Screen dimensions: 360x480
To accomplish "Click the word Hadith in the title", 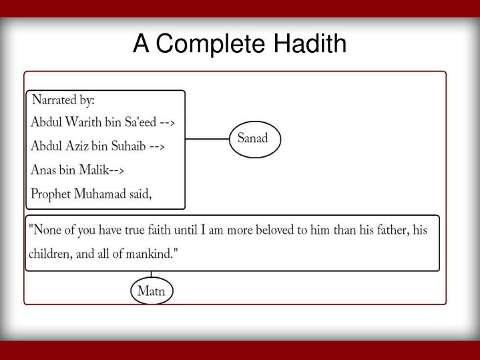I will [310, 44].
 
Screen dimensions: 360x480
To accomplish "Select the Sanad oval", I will [255, 139].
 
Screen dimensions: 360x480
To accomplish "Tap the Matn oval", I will [151, 291].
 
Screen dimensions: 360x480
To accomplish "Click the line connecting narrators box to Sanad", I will [207, 139].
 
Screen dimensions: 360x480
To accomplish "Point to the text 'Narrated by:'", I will [63, 101].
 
